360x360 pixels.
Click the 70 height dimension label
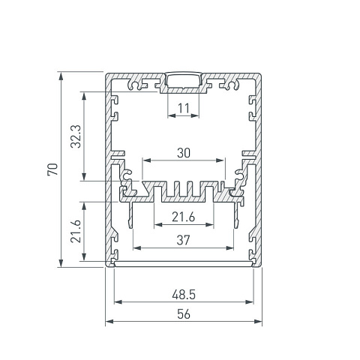[52, 169]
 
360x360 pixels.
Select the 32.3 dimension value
[76, 136]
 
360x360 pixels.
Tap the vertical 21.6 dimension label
[76, 231]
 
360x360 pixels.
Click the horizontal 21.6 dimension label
[183, 217]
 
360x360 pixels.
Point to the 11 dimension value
[184, 109]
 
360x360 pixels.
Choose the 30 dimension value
[184, 153]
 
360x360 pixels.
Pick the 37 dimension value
[184, 240]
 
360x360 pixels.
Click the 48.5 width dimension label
[184, 295]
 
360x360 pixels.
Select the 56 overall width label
[184, 314]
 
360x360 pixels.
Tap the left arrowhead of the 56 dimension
[109, 321]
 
